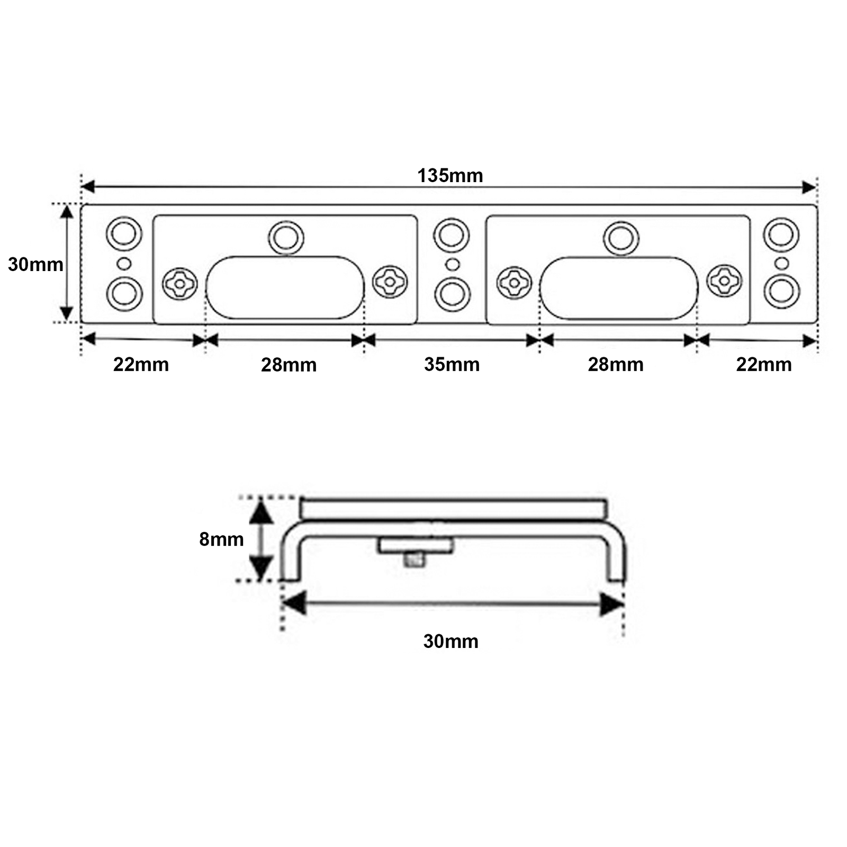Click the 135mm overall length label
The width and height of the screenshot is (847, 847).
[x=450, y=176]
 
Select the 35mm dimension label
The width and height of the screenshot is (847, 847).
[x=452, y=365]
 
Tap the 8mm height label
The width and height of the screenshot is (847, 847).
[x=221, y=539]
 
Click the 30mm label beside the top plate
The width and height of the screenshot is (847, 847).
[x=35, y=264]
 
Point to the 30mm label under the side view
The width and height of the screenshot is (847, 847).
[x=450, y=642]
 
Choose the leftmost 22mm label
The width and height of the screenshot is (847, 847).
[x=141, y=365]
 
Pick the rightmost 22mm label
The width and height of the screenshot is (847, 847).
[x=763, y=365]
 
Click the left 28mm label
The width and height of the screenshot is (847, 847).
[x=289, y=365]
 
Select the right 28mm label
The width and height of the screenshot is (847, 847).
[x=615, y=365]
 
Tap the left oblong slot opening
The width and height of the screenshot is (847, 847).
[x=285, y=287]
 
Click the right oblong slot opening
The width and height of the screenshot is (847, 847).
[x=619, y=288]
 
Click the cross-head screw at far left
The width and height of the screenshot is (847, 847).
[x=179, y=284]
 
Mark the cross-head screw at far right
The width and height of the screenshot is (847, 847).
[x=724, y=281]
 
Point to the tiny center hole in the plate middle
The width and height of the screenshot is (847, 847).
[x=452, y=264]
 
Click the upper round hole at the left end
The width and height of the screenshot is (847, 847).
[x=124, y=233]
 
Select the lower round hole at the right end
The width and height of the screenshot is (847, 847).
[x=781, y=292]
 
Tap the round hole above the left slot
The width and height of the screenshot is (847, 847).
[x=286, y=237]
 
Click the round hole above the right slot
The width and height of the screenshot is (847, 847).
[x=621, y=238]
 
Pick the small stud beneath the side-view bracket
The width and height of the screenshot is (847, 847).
[x=415, y=560]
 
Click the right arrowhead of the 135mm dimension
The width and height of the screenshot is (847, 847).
[x=808, y=187]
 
